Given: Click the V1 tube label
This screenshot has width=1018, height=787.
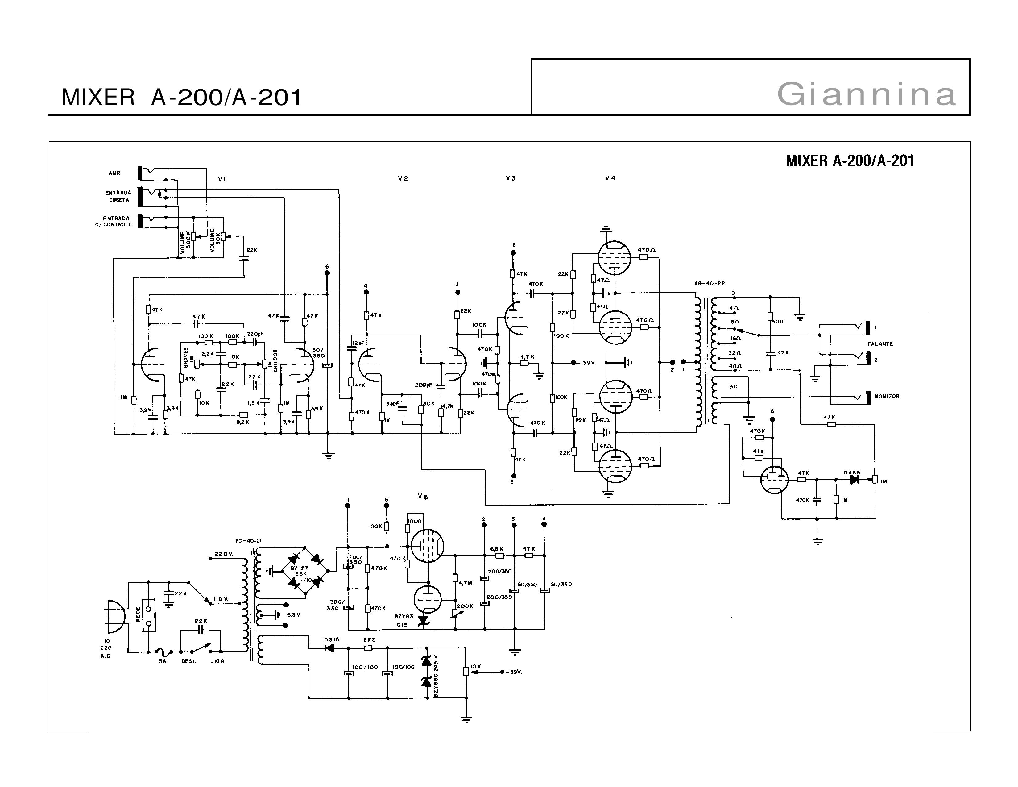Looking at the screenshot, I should point(222,179).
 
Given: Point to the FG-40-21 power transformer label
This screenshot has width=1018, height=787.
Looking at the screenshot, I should point(248,541).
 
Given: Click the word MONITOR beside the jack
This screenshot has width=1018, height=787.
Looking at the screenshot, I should point(887,396).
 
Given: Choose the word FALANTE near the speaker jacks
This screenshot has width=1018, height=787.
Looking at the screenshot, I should point(880,344).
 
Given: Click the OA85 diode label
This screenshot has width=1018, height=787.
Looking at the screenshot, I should point(852,473).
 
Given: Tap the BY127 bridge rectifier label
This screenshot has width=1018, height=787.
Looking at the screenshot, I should point(299,569).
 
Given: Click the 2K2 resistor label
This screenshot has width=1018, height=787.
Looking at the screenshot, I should point(369,640).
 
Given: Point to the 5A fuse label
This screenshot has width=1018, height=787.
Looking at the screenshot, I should point(162,661).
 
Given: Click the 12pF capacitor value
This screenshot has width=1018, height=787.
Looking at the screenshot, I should point(358,343).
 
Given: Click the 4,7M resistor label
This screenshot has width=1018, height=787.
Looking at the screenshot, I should point(466,583).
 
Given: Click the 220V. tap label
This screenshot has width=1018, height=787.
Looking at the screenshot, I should point(223,554).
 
